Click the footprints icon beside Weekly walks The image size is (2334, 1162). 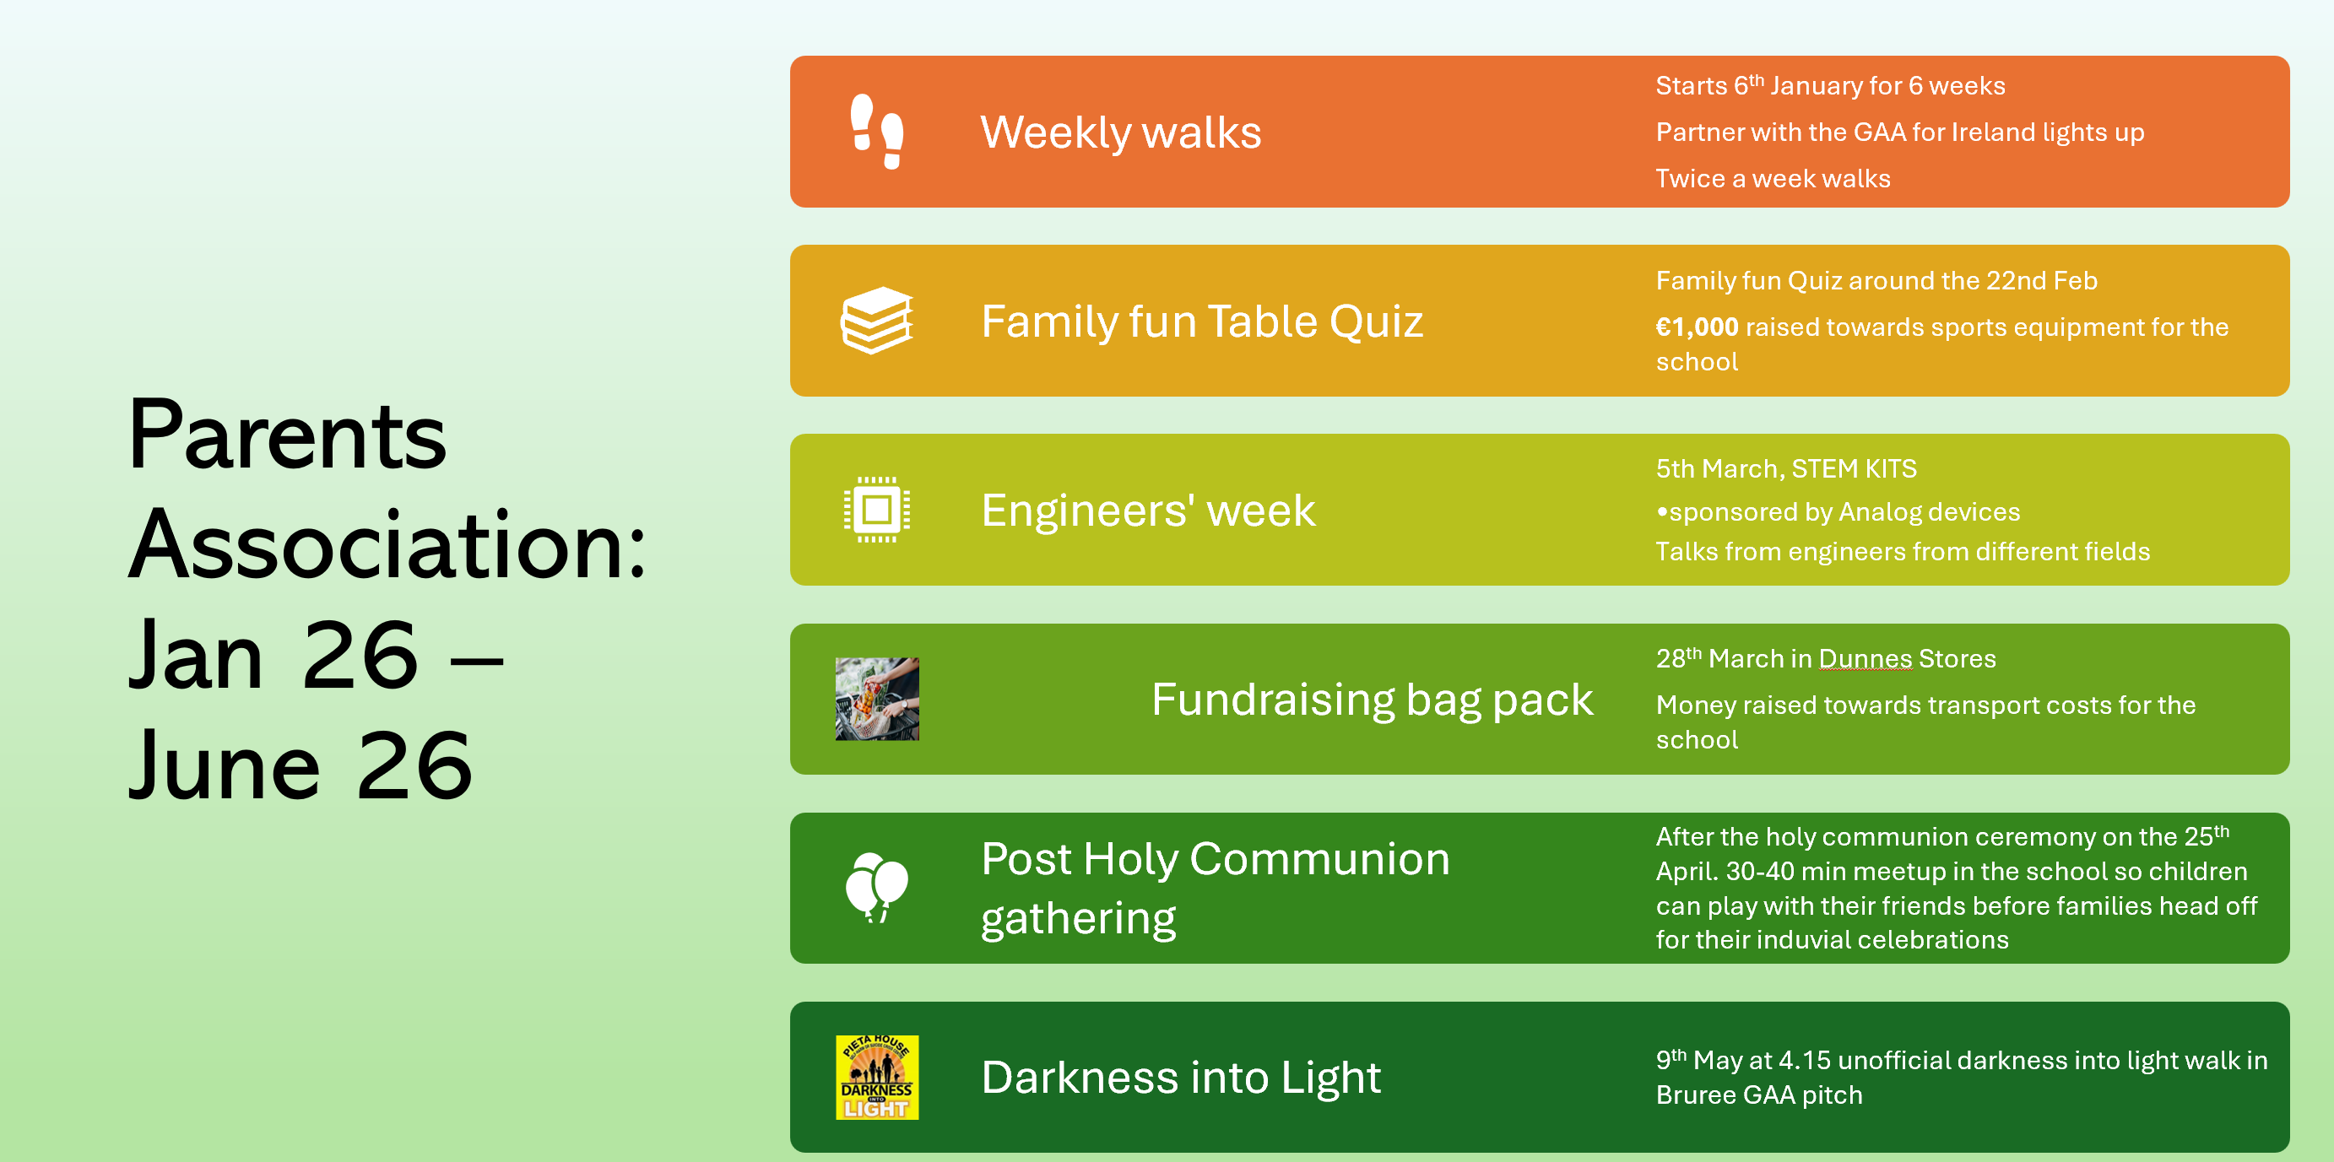tap(876, 132)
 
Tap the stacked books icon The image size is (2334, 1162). tap(876, 321)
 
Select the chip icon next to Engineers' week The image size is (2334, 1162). tap(876, 510)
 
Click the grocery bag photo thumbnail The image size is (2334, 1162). tap(876, 700)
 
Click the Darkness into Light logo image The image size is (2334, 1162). tap(876, 1077)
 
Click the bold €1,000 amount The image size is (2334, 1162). tap(1696, 327)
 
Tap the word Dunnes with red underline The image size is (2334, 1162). tap(1865, 658)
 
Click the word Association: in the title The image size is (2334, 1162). tap(387, 545)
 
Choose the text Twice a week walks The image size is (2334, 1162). tap(1773, 178)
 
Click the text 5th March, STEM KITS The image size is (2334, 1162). tap(1786, 468)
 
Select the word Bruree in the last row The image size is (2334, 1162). tap(1695, 1095)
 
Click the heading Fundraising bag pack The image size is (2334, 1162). tap(1372, 700)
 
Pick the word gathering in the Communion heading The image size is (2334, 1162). tap(1078, 919)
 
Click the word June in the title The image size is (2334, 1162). tap(225, 766)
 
